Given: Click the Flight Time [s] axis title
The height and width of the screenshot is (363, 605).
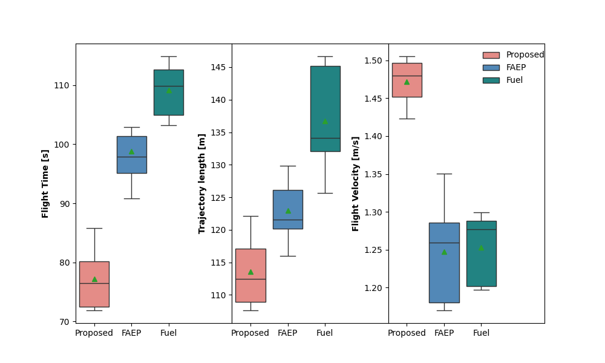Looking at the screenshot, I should (x=45, y=183).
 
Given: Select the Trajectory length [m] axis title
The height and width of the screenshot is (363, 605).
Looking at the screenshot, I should (x=202, y=183).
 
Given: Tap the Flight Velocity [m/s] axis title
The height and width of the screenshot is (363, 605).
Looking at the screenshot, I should (x=356, y=183).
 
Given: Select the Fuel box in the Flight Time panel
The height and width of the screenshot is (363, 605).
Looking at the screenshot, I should (x=169, y=93).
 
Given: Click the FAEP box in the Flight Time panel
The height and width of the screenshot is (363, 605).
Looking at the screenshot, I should (x=131, y=155).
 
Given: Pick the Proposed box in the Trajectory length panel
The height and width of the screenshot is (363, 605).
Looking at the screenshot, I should (x=250, y=275).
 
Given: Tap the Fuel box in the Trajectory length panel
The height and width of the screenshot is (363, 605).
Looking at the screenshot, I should (x=325, y=109).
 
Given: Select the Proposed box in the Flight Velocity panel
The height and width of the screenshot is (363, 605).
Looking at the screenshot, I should (x=407, y=80).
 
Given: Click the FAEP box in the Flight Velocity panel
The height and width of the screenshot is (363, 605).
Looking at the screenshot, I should (x=444, y=263).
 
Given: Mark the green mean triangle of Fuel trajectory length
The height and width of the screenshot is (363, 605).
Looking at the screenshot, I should (x=325, y=122).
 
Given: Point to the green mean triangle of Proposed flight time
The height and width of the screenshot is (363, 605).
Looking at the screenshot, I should (x=94, y=279).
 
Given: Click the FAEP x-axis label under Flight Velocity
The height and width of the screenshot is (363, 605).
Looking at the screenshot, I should (x=444, y=333).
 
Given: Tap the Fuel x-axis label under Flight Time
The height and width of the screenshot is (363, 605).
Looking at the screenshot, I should (x=169, y=333).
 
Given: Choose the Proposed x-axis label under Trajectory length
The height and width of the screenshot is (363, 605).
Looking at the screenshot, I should (x=250, y=333).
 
